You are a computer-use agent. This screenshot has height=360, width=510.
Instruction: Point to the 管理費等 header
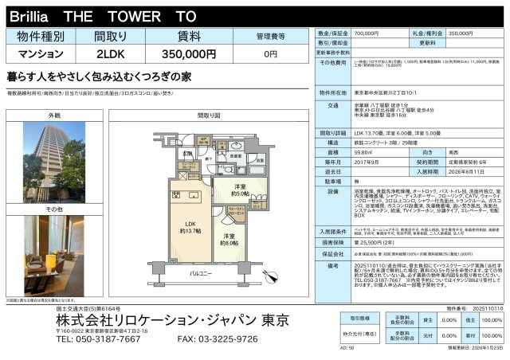(270, 36)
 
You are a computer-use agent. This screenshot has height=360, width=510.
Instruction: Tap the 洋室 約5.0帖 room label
(241, 192)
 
